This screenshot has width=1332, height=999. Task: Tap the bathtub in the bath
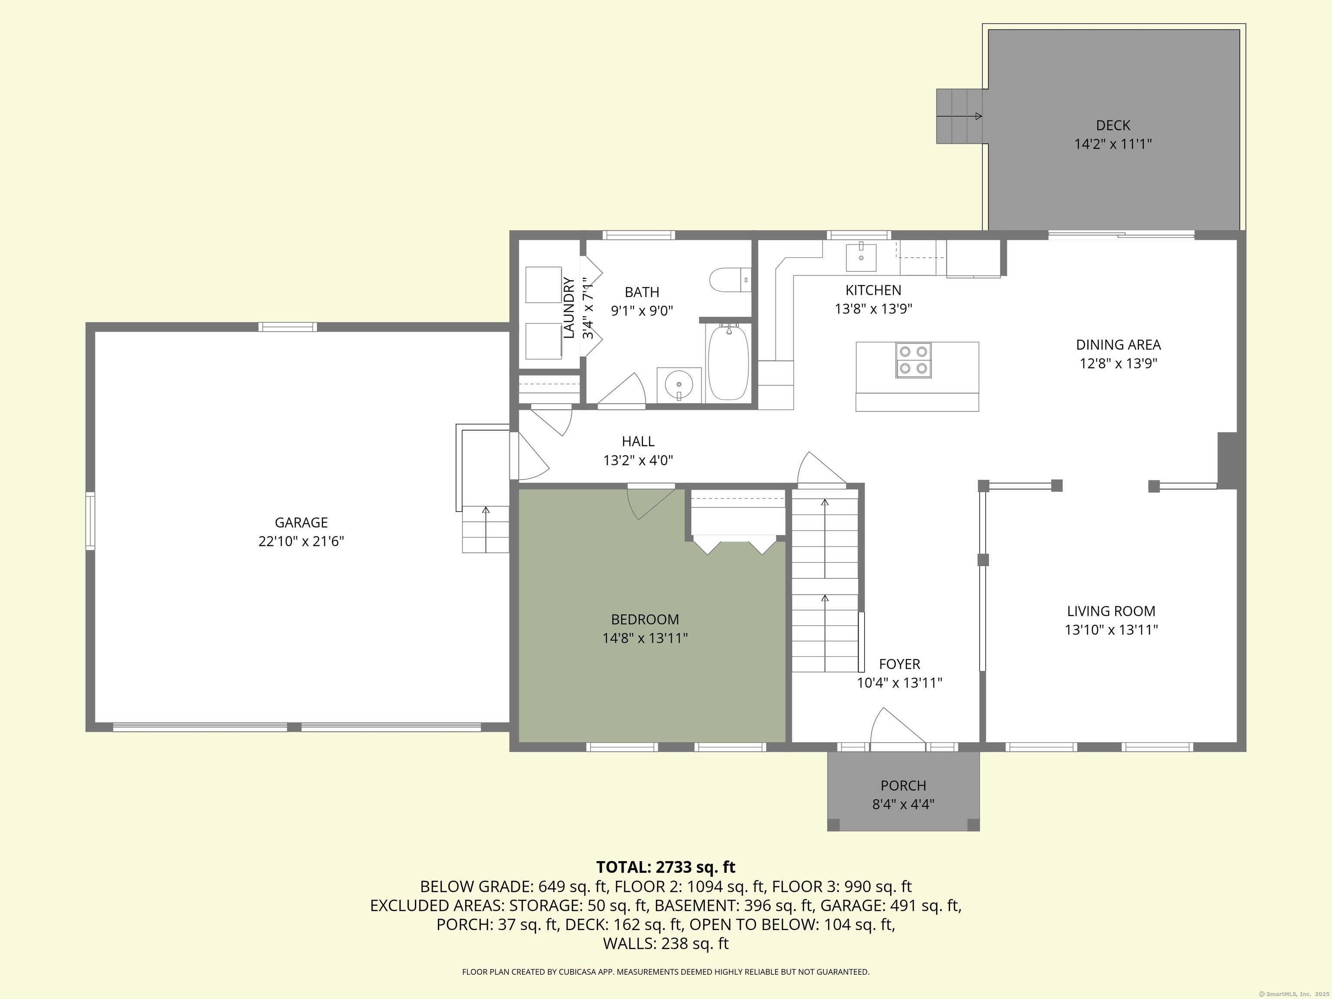tap(728, 362)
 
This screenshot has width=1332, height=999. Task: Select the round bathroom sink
tap(679, 384)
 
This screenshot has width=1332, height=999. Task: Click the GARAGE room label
tap(301, 522)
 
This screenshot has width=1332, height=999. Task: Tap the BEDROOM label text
tap(645, 619)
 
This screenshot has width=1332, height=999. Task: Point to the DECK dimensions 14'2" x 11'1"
tap(1113, 144)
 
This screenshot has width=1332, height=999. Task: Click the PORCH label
tap(903, 785)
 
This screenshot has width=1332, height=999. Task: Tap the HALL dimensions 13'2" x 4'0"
tap(638, 460)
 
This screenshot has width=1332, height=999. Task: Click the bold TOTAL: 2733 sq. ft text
tap(666, 867)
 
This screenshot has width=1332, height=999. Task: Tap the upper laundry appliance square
tap(544, 285)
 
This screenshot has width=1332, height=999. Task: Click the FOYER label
tap(900, 664)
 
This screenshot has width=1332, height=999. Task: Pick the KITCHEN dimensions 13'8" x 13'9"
tap(874, 309)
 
